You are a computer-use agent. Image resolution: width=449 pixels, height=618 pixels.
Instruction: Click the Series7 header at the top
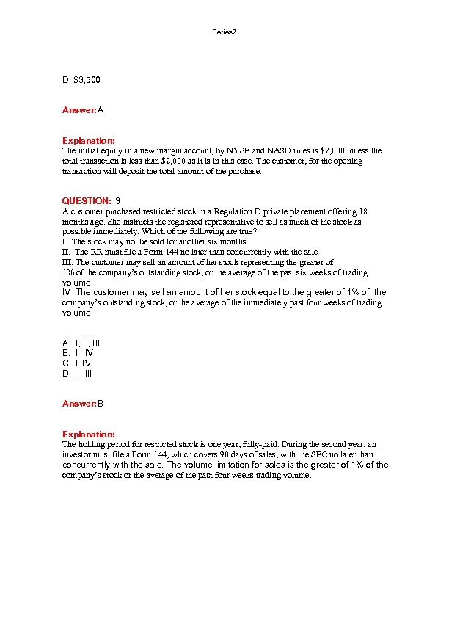tap(224, 32)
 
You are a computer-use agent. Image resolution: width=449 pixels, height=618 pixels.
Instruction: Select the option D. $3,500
tap(81, 79)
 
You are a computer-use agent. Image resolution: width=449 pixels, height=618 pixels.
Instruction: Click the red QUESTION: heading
tap(87, 200)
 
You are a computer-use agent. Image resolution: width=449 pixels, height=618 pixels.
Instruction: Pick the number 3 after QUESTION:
tap(118, 200)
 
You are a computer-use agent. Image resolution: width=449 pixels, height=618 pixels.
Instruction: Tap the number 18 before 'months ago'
tap(363, 211)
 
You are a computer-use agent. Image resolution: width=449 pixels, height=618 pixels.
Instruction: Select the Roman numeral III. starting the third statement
tap(67, 262)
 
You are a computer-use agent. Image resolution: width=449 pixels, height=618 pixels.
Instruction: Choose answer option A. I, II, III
tap(81, 343)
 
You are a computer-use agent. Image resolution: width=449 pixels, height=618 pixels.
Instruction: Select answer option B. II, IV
tap(78, 353)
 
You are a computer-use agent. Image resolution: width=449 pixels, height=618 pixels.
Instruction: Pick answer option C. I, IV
tap(77, 363)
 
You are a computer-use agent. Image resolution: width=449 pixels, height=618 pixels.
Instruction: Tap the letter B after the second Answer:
tap(101, 404)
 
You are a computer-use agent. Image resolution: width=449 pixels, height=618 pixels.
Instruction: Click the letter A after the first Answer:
tap(101, 110)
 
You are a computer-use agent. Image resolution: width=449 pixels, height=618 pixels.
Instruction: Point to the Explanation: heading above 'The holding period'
tap(88, 435)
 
